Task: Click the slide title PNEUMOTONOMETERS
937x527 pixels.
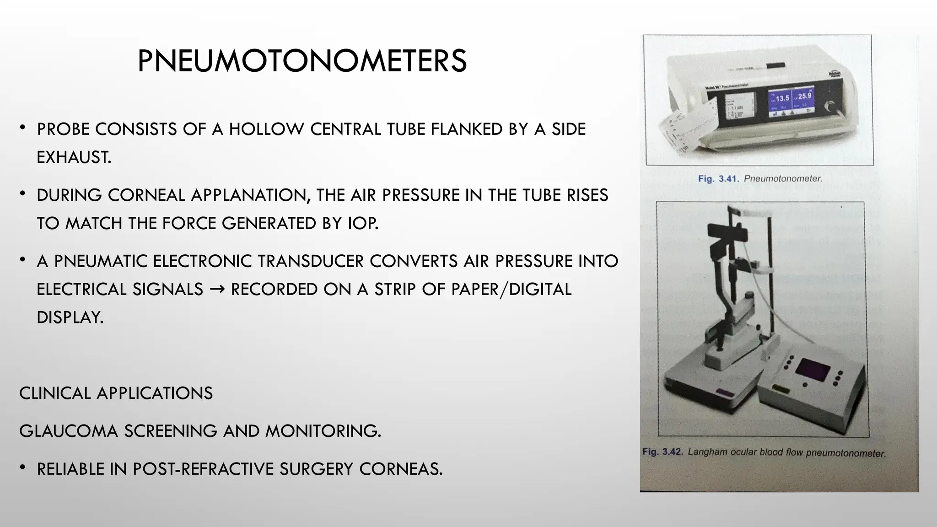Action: pos(302,61)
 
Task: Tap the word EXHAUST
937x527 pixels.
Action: pos(74,158)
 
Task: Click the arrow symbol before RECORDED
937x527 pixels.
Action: pos(217,290)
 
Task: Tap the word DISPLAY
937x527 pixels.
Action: pos(70,317)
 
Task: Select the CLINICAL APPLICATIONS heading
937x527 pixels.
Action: pos(116,393)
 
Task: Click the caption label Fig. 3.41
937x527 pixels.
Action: pos(718,179)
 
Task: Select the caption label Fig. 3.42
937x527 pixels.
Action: pos(662,452)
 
